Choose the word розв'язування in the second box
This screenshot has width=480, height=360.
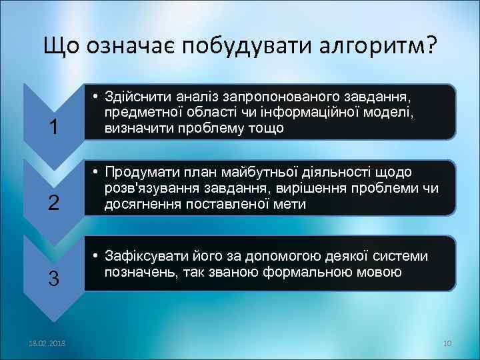tap(146, 189)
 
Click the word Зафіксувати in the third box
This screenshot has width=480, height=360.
tap(142, 257)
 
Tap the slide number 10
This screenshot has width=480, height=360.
tap(447, 343)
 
